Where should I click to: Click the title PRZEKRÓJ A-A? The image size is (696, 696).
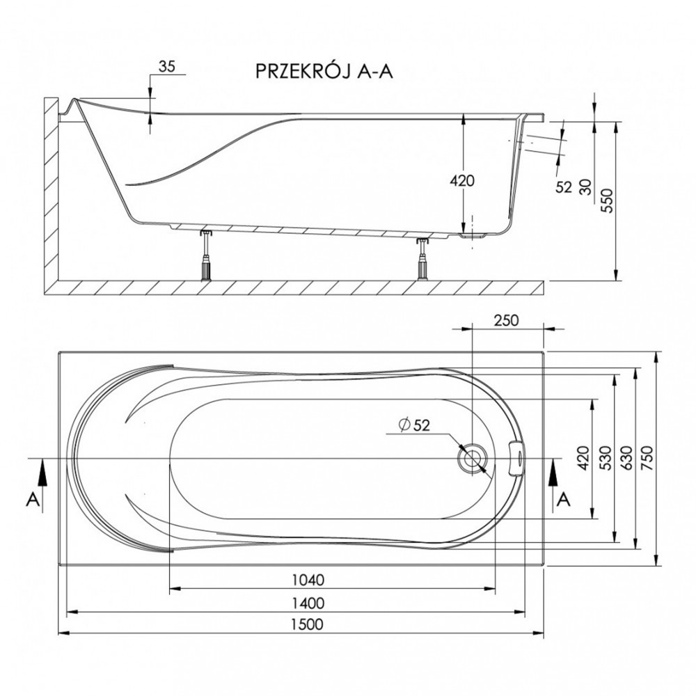coord(324,71)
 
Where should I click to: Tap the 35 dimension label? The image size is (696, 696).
coord(167,67)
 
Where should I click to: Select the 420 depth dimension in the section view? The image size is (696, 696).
coord(462,181)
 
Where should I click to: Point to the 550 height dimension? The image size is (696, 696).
coord(607,201)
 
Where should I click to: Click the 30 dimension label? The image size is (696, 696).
coord(586,187)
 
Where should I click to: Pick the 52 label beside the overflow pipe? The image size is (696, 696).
coord(563,187)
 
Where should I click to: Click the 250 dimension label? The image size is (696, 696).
coord(506,320)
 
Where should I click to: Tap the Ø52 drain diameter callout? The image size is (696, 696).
coord(415,425)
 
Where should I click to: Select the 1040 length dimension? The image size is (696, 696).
coord(308,580)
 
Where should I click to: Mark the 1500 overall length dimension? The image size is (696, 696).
coord(307,624)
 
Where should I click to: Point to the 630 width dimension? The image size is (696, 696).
coord(626,458)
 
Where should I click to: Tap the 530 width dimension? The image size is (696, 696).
coord(605,458)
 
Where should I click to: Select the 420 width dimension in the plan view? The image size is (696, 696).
coord(583,458)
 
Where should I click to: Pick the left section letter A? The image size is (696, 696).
coord(33,500)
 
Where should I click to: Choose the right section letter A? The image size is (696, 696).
coord(564,500)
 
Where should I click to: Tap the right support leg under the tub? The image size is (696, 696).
coord(422,259)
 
